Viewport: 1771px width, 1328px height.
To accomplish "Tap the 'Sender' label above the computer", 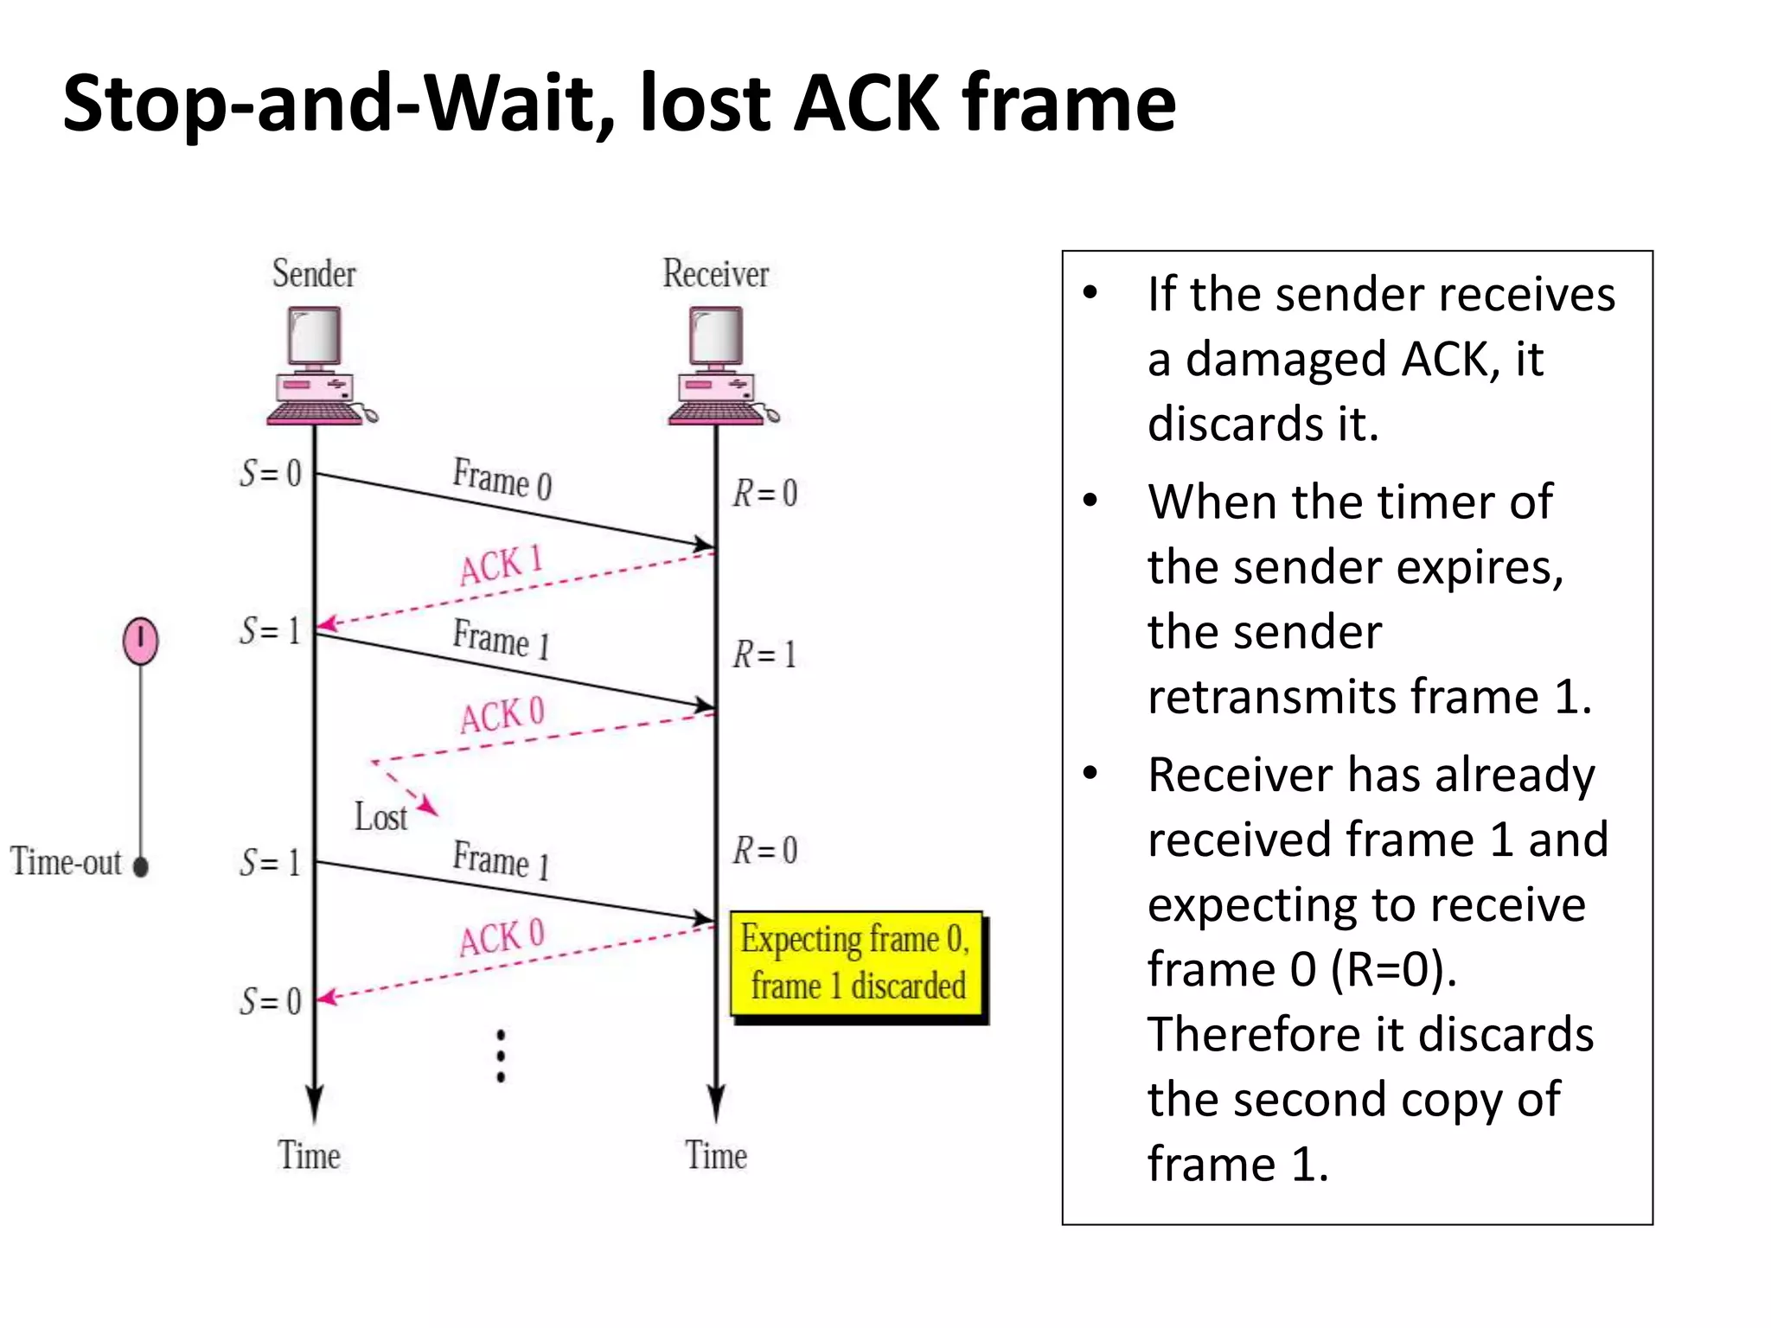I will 314,274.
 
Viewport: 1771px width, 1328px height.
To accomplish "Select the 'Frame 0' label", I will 502,478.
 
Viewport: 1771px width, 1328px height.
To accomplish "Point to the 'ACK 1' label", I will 501,565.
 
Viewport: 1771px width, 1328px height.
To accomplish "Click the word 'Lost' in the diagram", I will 380,817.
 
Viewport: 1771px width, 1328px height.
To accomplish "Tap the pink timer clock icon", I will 141,642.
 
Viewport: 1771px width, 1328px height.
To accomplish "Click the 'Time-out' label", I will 67,862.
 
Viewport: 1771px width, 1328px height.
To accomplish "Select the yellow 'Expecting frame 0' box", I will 857,963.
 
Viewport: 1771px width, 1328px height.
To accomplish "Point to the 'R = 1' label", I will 764,654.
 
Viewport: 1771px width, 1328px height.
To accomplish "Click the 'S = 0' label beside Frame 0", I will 271,473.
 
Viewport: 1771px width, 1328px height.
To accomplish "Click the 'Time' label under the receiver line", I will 716,1155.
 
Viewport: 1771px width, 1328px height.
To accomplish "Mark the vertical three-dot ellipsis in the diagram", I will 501,1056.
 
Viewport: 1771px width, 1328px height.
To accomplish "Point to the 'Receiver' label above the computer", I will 716,274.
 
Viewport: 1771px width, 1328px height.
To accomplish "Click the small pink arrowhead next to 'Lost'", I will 428,808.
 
